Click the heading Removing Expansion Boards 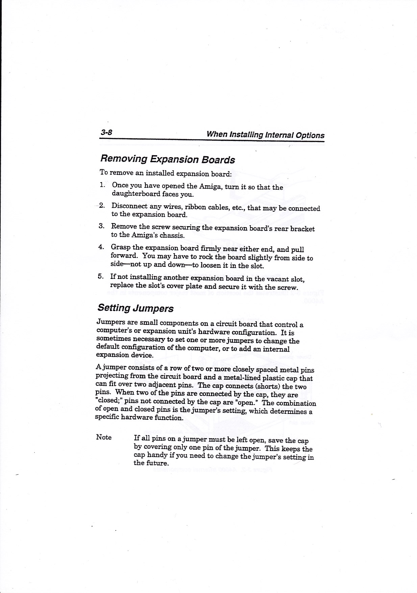tap(167, 159)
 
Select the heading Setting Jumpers tap(136, 308)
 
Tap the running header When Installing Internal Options tap(265, 135)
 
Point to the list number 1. tap(102, 185)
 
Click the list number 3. tap(101, 226)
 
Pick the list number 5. tap(100, 276)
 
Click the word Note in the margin tap(104, 437)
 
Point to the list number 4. tap(101, 247)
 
